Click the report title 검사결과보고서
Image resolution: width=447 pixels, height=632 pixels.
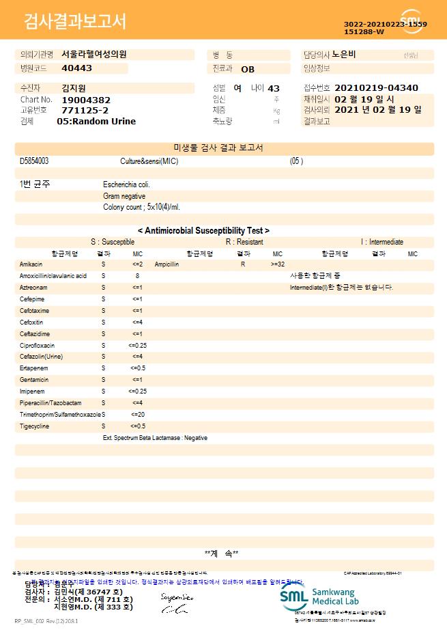coord(75,22)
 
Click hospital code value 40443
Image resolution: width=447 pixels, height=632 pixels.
coord(76,68)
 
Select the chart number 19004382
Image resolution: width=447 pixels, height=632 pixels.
coord(86,100)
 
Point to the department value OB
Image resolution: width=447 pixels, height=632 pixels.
coord(248,69)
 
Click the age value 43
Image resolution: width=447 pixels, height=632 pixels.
coord(274,88)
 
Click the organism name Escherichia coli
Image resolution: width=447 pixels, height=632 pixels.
coord(126,184)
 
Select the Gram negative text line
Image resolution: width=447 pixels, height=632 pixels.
coord(124,196)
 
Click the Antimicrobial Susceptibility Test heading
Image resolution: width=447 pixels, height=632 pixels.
coord(203,231)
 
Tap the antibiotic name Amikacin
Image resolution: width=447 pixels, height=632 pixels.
coord(31,264)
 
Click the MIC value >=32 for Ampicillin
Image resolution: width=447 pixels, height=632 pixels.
coord(278,264)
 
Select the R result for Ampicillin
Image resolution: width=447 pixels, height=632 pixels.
coord(242,264)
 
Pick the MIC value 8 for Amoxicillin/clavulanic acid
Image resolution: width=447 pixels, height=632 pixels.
coord(137,275)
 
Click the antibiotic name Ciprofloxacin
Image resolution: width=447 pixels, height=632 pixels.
coord(37,346)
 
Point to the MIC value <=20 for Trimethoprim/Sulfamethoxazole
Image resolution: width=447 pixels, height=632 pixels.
coord(137,415)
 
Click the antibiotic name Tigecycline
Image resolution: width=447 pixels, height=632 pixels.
coord(34,426)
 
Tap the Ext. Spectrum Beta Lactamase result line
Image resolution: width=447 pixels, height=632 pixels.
coord(155,438)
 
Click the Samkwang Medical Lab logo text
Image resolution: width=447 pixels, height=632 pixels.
coord(334,595)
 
